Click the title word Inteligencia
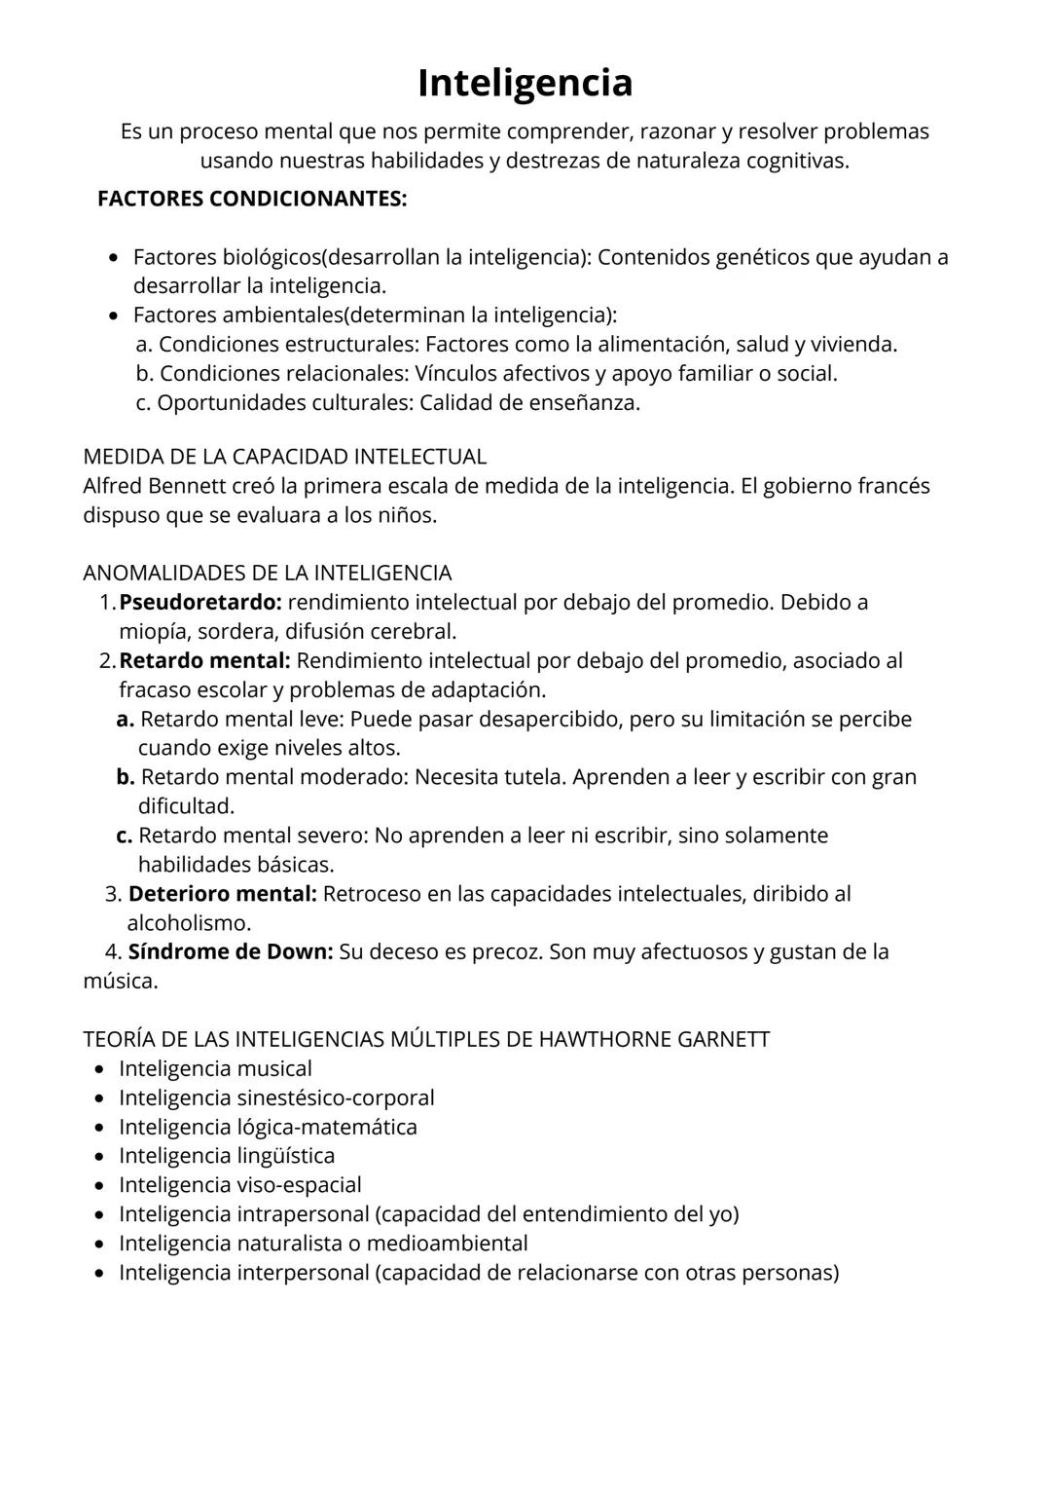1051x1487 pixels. (525, 83)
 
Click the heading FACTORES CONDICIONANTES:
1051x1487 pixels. (252, 199)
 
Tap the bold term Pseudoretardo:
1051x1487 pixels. (199, 602)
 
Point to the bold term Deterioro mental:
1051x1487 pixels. (222, 893)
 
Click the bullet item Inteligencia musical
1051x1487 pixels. (215, 1068)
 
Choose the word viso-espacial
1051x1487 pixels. (299, 1185)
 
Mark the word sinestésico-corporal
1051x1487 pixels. (336, 1097)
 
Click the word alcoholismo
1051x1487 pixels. (189, 922)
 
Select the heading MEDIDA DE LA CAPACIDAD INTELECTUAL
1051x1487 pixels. (284, 456)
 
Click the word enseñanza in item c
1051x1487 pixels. (583, 402)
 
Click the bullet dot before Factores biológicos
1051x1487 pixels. (115, 258)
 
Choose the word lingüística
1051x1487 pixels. (285, 1156)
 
